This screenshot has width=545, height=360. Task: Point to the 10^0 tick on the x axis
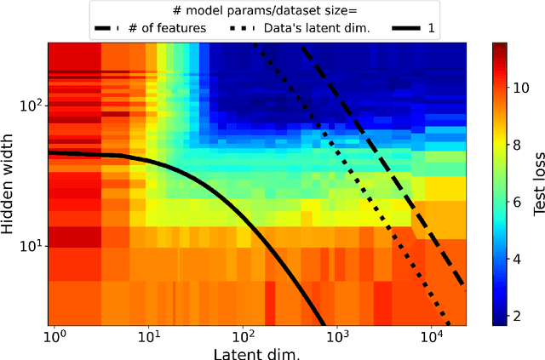coord(54,336)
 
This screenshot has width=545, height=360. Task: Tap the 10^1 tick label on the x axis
coord(148,336)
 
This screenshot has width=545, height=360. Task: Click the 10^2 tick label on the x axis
coord(243,336)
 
